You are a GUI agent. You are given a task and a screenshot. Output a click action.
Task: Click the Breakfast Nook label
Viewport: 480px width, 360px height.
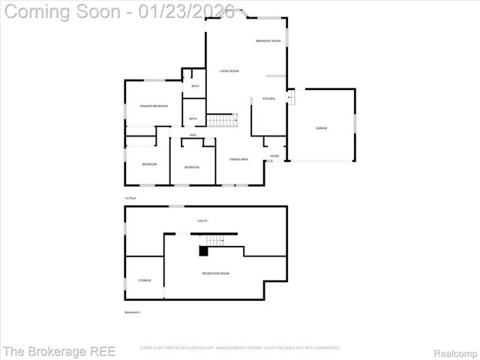(x=268, y=40)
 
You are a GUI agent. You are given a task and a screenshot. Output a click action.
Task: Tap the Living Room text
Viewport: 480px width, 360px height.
(x=229, y=71)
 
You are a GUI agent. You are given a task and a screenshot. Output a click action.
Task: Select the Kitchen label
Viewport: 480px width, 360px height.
(x=268, y=99)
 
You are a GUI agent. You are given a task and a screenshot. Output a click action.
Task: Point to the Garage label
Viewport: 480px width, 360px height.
(x=321, y=128)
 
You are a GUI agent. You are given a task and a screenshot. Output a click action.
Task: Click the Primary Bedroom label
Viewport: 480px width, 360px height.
(x=154, y=106)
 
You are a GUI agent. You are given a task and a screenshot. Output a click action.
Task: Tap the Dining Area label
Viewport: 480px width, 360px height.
(x=239, y=160)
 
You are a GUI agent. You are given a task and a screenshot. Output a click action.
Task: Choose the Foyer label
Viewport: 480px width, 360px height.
(x=274, y=156)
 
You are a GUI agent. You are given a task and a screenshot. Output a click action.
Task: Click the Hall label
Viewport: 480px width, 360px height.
(x=193, y=135)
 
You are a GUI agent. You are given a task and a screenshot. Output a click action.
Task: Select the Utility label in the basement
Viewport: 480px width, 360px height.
(x=202, y=221)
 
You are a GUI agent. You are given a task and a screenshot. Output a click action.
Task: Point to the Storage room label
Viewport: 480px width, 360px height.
(x=144, y=280)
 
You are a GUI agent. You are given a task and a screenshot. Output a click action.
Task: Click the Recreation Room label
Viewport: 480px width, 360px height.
(x=216, y=274)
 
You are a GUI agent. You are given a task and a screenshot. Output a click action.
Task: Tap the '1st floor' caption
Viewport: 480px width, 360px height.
(x=130, y=198)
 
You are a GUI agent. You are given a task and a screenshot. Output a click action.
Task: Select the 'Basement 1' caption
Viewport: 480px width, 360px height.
(x=132, y=312)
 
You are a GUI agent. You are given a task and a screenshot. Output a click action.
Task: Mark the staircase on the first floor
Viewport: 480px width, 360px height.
(x=221, y=120)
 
